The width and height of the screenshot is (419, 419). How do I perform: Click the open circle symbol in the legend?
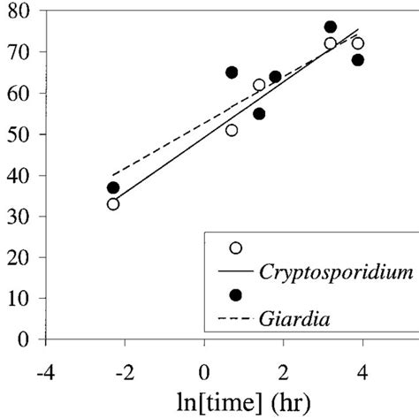pyautogui.click(x=236, y=248)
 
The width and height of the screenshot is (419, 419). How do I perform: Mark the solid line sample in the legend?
pyautogui.click(x=236, y=272)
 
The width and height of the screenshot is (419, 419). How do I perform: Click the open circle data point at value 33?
pyautogui.click(x=113, y=204)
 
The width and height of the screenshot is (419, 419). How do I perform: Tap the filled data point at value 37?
pyautogui.click(x=113, y=187)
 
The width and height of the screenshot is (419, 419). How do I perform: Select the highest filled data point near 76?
pyautogui.click(x=331, y=27)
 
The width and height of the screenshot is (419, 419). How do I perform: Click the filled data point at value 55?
pyautogui.click(x=259, y=113)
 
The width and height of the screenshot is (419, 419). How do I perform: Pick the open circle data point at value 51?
pyautogui.click(x=232, y=130)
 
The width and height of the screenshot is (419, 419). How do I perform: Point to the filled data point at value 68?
pyautogui.click(x=358, y=60)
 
